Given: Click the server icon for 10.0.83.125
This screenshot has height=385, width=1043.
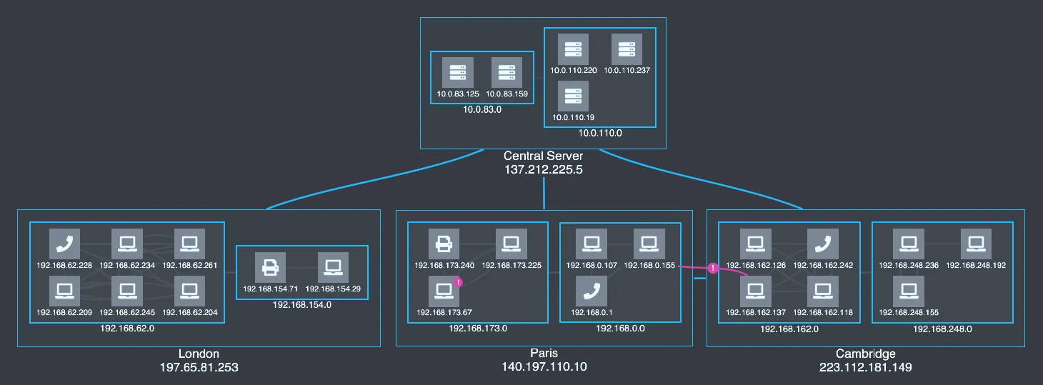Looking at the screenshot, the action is pyautogui.click(x=458, y=73).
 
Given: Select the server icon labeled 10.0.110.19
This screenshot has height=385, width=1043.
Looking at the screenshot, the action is pyautogui.click(x=573, y=96).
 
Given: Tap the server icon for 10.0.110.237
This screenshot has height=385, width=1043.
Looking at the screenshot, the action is pyautogui.click(x=627, y=49).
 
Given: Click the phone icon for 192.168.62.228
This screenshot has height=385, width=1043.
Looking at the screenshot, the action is pyautogui.click(x=64, y=244).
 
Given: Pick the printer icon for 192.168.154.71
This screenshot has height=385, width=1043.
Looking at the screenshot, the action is pyautogui.click(x=271, y=268).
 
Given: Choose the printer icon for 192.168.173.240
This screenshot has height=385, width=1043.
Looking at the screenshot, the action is pyautogui.click(x=444, y=244).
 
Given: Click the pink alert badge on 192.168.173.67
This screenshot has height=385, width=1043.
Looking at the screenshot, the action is pyautogui.click(x=458, y=282).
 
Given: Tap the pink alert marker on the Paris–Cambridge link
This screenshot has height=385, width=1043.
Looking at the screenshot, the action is pyautogui.click(x=713, y=268).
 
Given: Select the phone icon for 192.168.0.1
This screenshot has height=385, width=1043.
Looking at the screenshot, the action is pyautogui.click(x=592, y=291).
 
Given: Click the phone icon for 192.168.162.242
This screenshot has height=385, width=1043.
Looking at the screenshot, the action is pyautogui.click(x=823, y=244).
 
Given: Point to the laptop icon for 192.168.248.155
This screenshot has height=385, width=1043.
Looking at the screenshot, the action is pyautogui.click(x=909, y=291).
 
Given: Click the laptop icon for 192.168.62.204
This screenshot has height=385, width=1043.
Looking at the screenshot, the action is pyautogui.click(x=189, y=291).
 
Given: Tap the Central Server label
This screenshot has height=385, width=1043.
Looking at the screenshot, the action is pyautogui.click(x=544, y=156).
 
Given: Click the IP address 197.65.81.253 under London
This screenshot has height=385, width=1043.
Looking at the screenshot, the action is pyautogui.click(x=199, y=367).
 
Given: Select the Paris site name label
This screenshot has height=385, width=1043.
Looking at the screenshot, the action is pyautogui.click(x=544, y=353).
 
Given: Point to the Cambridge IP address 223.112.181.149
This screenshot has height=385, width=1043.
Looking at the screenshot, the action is pyautogui.click(x=866, y=367).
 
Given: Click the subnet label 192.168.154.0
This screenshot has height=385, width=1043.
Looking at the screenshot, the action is pyautogui.click(x=301, y=305).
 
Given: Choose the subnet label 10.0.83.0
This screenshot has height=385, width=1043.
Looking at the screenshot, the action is pyautogui.click(x=482, y=109).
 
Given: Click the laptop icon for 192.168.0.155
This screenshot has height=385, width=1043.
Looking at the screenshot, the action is pyautogui.click(x=649, y=244).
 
